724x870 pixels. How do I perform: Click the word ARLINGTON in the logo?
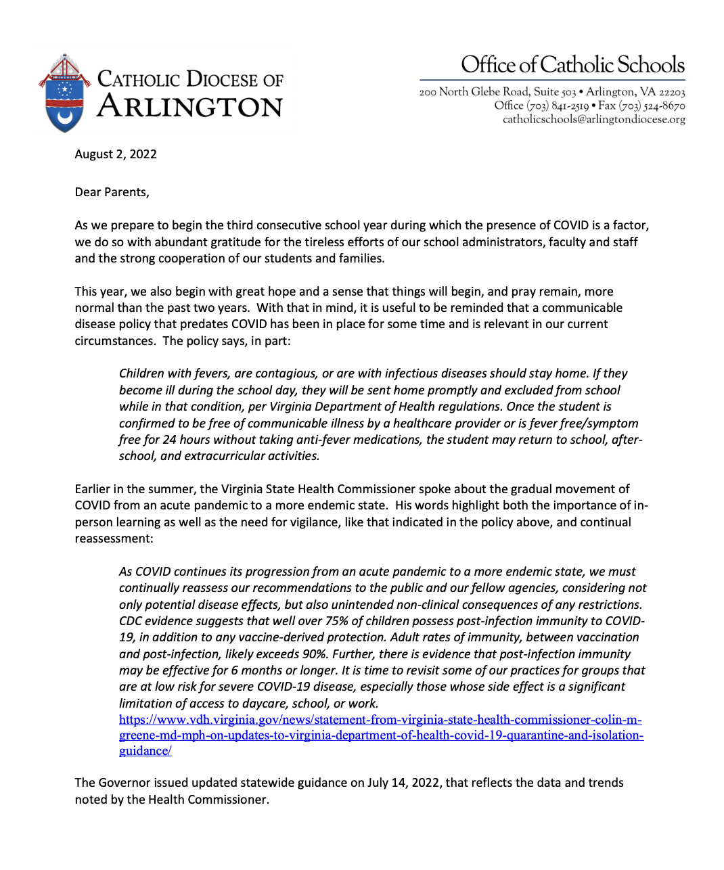(x=189, y=108)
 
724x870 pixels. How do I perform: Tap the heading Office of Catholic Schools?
(x=572, y=65)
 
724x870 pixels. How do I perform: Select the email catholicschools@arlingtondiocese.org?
(x=593, y=120)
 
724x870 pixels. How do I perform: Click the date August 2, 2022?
(x=116, y=154)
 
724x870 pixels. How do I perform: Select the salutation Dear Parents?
(x=112, y=192)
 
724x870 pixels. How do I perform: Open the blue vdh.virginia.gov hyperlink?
(x=380, y=735)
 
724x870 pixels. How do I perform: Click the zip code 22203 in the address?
(x=672, y=92)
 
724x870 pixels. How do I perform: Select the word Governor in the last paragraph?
(x=125, y=783)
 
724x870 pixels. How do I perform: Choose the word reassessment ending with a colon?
(x=114, y=539)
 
